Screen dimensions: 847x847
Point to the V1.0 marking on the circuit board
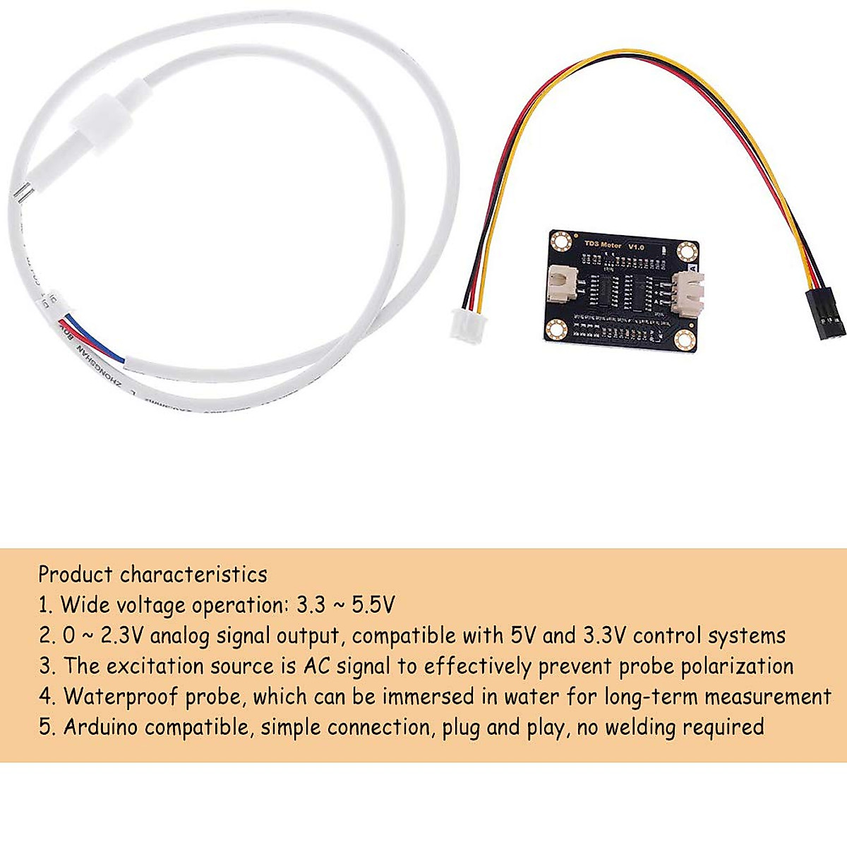636,246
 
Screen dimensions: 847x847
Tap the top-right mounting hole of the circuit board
687,250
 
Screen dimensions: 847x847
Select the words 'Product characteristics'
152,575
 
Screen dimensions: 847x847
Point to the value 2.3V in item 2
123,635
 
